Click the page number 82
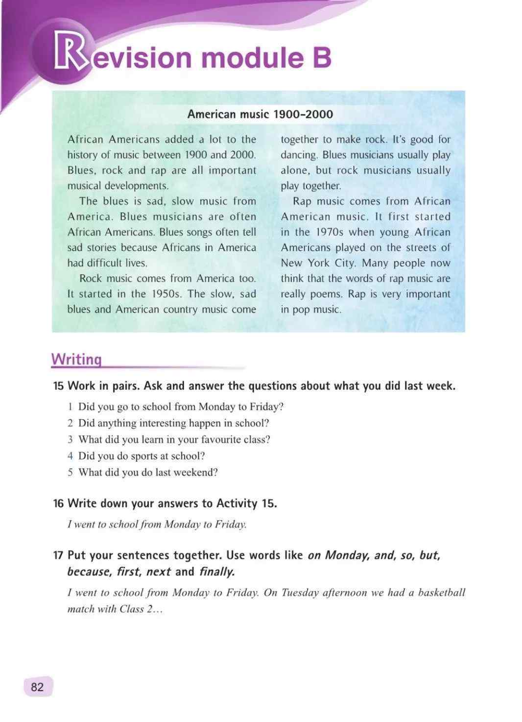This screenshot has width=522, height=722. (37, 687)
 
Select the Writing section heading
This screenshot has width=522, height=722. (76, 359)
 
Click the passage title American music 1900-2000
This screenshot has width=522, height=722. (260, 114)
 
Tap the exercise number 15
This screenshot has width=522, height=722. (58, 386)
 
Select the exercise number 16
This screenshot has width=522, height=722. (58, 504)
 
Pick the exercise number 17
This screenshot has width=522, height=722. (58, 555)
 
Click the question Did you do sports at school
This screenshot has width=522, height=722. (142, 456)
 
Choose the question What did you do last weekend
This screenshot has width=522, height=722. (148, 472)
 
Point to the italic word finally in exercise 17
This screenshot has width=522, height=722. (217, 572)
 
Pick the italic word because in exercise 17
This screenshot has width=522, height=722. (89, 572)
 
